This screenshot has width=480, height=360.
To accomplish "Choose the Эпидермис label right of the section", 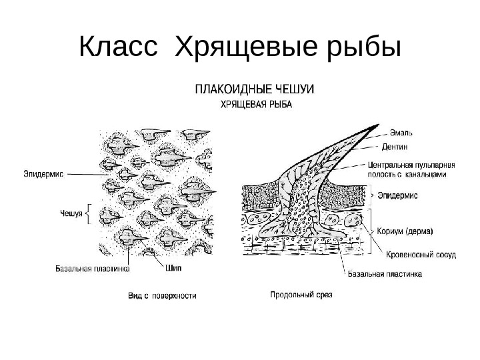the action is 398,196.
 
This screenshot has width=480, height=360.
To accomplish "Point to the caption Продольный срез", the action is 301,292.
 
